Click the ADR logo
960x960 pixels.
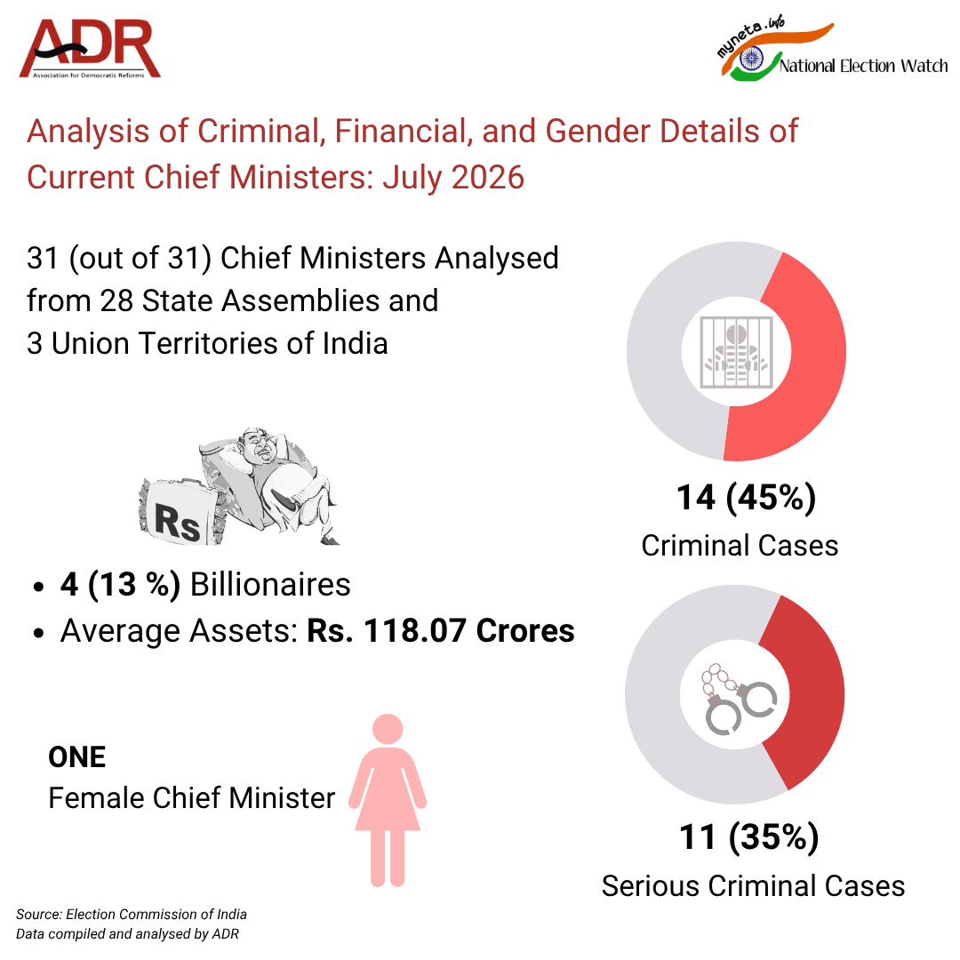[90, 48]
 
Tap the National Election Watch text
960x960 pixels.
[863, 66]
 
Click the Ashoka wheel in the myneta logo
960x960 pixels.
[750, 59]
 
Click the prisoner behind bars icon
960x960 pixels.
[737, 352]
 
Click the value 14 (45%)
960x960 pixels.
[746, 497]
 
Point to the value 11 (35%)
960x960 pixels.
[748, 837]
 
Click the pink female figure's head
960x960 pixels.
[388, 729]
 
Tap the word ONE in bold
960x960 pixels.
[77, 757]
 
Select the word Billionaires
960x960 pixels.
[270, 584]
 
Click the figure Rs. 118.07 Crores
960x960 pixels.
[440, 630]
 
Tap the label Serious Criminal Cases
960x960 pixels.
[753, 886]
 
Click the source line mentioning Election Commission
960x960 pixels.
[131, 914]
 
